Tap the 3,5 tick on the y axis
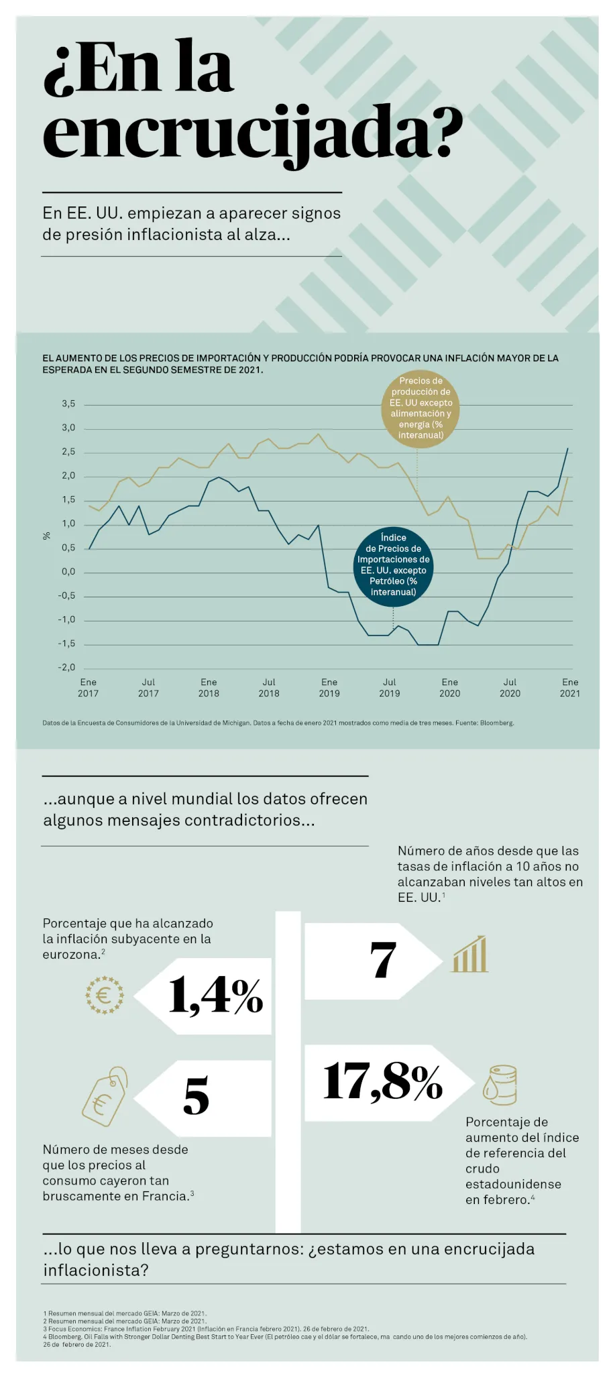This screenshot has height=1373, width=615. pos(68,404)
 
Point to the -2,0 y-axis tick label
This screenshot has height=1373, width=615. pos(66,667)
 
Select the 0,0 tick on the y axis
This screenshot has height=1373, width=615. pos(68,571)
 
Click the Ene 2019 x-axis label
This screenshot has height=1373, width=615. pos(329,687)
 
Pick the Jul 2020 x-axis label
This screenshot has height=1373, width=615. pos(510,687)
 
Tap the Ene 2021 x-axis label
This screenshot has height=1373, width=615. pos(570,687)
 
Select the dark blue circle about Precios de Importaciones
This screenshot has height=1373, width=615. pos(393,565)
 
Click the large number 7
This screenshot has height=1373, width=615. pos(383,959)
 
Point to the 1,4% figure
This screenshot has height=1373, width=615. pos(216,995)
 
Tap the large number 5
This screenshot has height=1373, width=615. pos(196,1095)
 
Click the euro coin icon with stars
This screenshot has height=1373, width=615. pos(105,995)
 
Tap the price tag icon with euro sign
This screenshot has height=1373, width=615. pos(105,1096)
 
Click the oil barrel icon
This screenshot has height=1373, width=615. pos(500,1085)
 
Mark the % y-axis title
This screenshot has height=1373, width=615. pos(46,536)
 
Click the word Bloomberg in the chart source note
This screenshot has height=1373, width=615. pos(498,723)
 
